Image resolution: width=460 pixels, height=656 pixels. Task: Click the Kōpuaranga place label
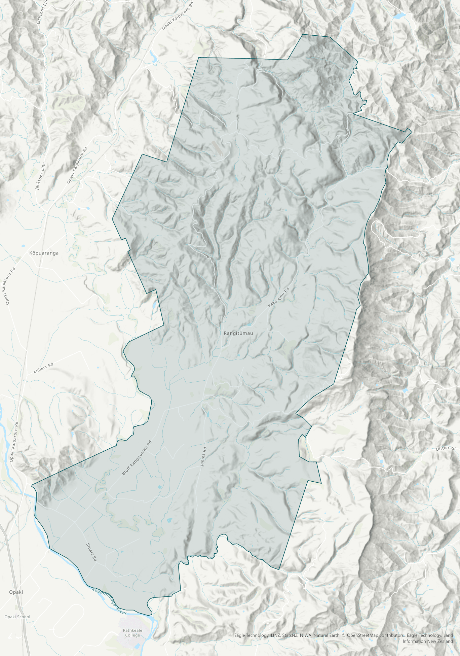coord(44,253)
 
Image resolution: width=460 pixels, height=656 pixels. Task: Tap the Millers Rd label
coord(43,368)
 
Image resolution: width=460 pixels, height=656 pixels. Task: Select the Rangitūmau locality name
coord(238,333)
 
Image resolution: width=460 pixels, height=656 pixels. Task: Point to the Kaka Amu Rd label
coord(279,298)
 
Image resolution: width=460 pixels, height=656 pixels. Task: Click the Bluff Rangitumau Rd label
coord(137,458)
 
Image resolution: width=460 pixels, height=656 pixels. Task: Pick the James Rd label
coord(203,457)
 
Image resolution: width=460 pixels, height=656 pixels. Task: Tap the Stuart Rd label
coord(91,552)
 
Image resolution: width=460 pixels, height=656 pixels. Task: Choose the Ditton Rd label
coord(446,449)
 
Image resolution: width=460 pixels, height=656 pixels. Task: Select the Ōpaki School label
coord(17,617)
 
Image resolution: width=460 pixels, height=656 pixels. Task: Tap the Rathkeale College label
coord(132,633)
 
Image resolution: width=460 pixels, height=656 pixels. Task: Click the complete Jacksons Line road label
coord(41,176)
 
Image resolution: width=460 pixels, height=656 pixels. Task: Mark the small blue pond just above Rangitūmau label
coord(249,325)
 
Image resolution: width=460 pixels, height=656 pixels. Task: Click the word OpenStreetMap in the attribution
coord(363,635)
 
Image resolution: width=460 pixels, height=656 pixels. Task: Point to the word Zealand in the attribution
coord(445,641)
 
